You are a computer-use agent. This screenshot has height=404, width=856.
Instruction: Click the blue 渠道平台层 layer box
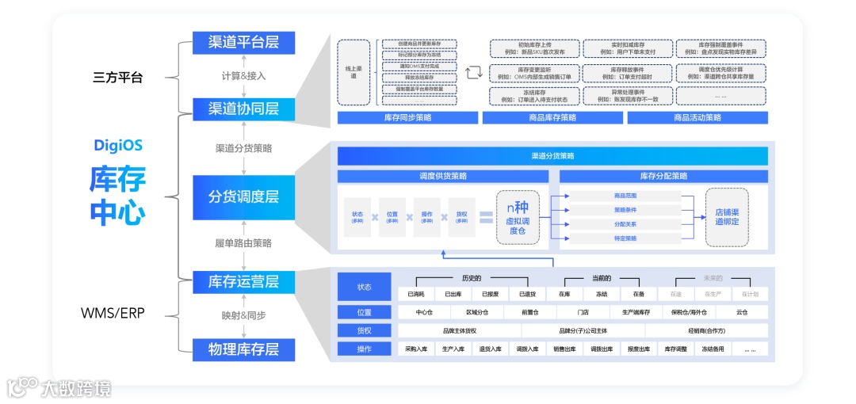click(x=243, y=42)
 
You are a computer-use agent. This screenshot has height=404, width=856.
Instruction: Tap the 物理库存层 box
click(x=243, y=349)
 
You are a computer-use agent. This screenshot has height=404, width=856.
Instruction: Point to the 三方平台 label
click(x=117, y=78)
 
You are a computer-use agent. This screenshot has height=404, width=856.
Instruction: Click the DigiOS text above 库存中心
click(x=117, y=146)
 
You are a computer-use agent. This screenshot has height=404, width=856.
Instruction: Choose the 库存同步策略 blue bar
click(x=407, y=118)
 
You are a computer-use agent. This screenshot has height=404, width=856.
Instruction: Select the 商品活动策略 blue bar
click(x=697, y=118)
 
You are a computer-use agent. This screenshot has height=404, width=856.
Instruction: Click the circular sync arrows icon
click(x=474, y=73)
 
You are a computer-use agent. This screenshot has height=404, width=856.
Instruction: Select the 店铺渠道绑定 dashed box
click(x=726, y=216)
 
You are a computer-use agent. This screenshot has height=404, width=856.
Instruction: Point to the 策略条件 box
click(x=625, y=210)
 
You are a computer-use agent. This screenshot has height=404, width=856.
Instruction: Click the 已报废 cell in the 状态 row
click(x=490, y=294)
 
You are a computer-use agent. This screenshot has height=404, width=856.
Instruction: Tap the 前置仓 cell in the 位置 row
click(x=530, y=312)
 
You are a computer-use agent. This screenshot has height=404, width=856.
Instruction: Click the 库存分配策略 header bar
click(x=663, y=176)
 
